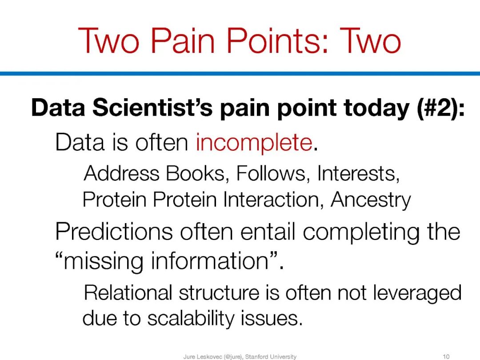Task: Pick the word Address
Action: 121,173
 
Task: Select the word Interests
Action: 359,173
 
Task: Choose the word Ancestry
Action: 371,200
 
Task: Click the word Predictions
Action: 114,232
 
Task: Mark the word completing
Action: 361,232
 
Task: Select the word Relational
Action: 128,292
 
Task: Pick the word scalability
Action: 190,318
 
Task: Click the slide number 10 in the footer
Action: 446,356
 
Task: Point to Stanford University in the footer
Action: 271,356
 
